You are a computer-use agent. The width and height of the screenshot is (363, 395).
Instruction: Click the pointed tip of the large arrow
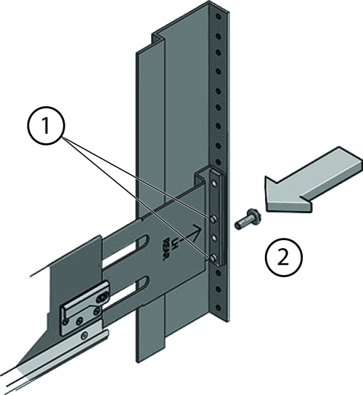coord(266,196)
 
